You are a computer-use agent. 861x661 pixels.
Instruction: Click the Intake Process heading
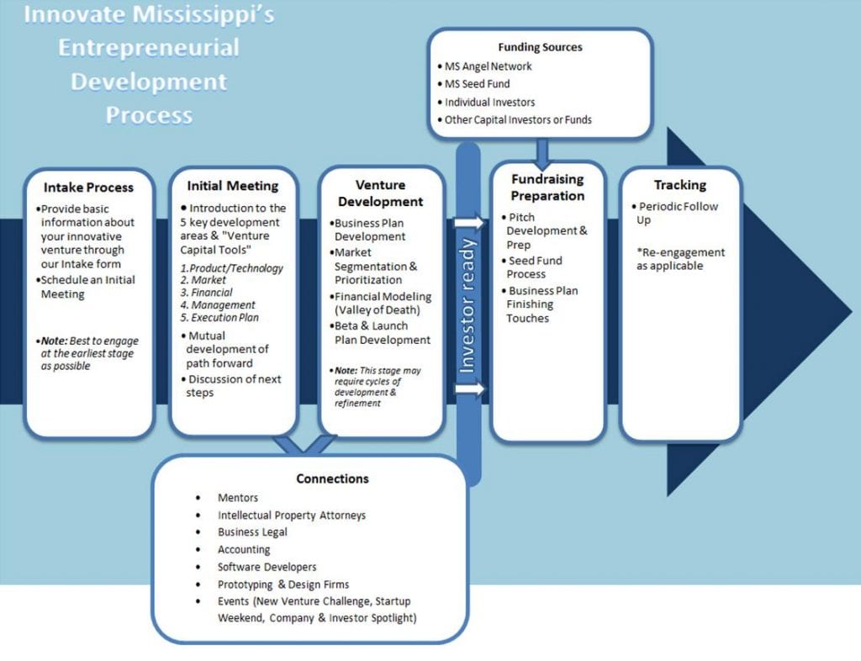click(x=88, y=187)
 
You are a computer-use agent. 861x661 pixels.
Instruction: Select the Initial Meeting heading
click(x=233, y=185)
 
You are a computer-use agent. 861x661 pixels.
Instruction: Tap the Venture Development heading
click(x=380, y=193)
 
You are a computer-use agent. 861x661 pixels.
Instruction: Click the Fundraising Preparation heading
click(x=547, y=188)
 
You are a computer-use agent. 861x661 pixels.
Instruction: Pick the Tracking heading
click(x=680, y=185)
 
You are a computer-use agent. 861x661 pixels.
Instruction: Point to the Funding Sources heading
click(x=540, y=47)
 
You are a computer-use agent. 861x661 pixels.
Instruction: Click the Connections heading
click(x=332, y=479)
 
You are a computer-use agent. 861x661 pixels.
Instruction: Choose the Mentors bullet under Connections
click(x=237, y=498)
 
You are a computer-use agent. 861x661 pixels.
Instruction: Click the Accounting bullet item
click(x=244, y=549)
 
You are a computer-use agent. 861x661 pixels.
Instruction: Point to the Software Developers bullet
click(x=267, y=567)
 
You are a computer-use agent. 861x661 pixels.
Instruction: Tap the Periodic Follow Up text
click(x=678, y=213)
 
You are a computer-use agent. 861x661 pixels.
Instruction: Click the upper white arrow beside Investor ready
click(x=469, y=223)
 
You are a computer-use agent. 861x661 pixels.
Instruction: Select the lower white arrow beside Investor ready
click(x=469, y=389)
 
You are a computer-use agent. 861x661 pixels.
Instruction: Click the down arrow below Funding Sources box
click(x=541, y=151)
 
